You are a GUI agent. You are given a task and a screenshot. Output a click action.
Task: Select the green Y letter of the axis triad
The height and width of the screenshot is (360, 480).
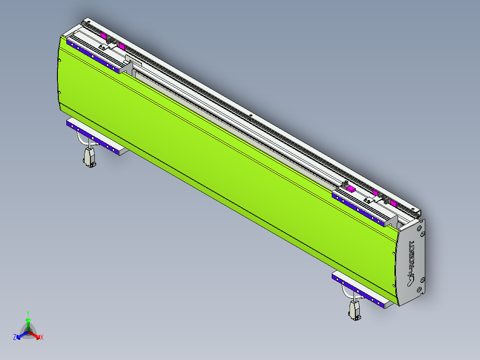pos(28,313)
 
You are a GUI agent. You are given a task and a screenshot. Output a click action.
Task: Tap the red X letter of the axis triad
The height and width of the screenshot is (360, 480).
pos(42,338)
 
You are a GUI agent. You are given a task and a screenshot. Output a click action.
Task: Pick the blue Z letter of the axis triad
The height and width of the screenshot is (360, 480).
pos(15,338)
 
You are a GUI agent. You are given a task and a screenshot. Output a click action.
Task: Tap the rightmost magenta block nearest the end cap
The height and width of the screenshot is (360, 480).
pos(394,203)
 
